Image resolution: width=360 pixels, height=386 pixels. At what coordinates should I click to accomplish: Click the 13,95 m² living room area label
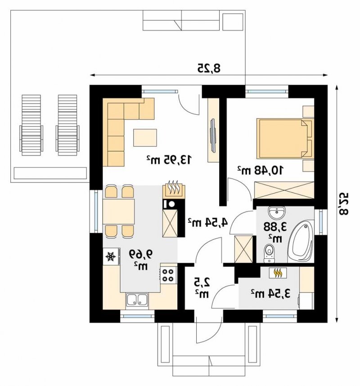(x=169, y=160)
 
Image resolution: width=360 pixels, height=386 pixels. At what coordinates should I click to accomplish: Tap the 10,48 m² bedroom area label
(x=260, y=170)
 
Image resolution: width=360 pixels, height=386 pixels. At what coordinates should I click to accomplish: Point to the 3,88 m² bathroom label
(x=275, y=231)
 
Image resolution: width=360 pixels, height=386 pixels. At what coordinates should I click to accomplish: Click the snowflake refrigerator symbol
(x=111, y=256)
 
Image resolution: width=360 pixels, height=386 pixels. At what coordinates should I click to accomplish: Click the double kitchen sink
(x=137, y=300)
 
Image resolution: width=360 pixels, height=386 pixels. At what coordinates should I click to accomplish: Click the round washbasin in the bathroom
(x=277, y=212)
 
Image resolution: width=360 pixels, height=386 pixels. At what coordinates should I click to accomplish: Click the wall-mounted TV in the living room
(x=213, y=135)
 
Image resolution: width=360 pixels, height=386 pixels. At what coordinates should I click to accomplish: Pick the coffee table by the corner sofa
(x=145, y=138)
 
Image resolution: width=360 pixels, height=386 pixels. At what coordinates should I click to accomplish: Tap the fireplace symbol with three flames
(x=174, y=189)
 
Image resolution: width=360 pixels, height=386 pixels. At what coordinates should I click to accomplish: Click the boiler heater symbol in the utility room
(x=278, y=273)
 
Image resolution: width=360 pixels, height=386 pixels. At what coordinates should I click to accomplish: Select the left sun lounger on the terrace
(x=31, y=126)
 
